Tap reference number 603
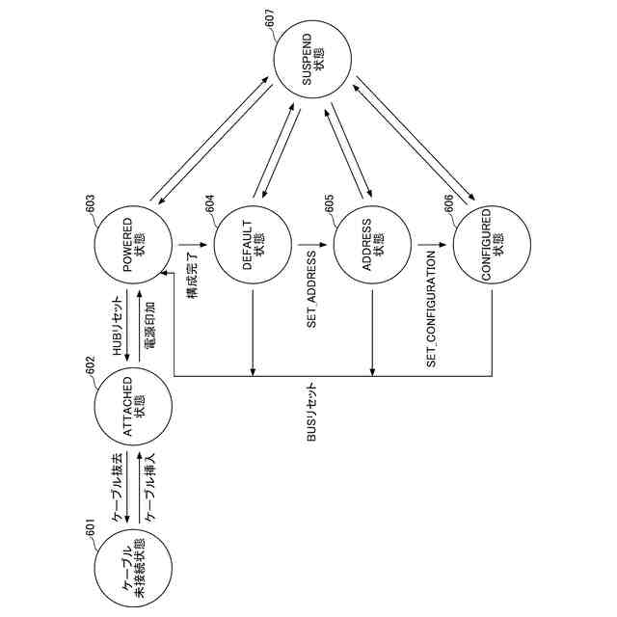90,203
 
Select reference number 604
209,203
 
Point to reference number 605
329,203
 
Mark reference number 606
449,203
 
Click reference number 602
90,366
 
